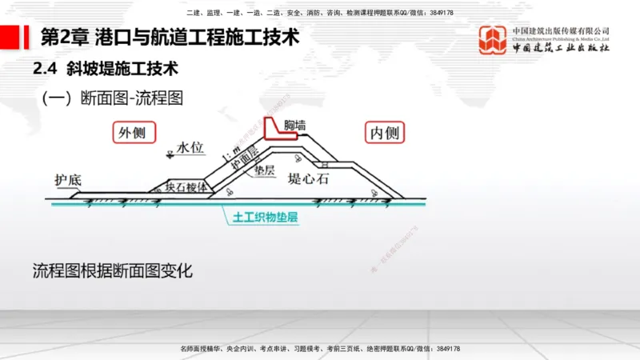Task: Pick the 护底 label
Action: tap(68, 180)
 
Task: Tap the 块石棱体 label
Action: tap(186, 186)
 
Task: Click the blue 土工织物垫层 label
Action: tap(265, 217)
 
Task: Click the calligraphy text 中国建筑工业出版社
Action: tap(561, 49)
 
